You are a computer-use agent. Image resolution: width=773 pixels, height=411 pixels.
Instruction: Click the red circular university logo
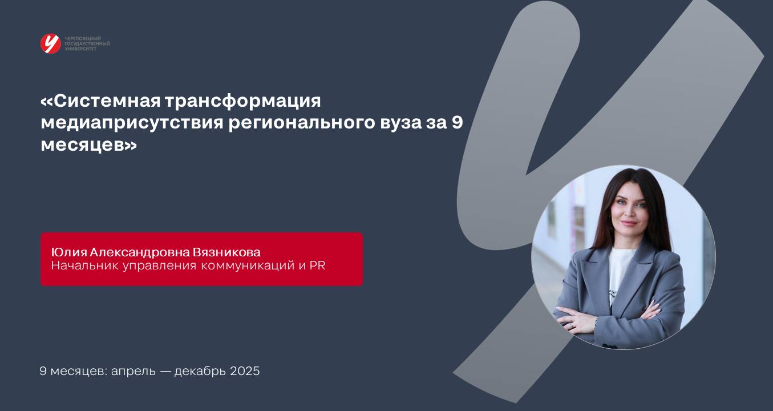coord(50,43)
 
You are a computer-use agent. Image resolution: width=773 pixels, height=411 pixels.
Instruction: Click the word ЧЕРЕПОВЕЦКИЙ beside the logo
coord(83,38)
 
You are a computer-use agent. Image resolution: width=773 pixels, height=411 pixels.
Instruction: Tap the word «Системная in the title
coord(100,101)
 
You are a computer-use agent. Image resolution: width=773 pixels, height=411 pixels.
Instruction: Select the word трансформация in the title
coord(243,102)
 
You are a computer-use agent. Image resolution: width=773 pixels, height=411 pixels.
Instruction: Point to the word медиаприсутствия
coord(132,123)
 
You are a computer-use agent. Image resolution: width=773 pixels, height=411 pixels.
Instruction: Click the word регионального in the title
coord(302,123)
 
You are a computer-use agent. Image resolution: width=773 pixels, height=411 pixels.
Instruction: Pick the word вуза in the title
coord(400,123)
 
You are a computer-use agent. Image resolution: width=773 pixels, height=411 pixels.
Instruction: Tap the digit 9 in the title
coord(457,122)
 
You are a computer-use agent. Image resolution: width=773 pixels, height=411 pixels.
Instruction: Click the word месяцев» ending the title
coord(88,145)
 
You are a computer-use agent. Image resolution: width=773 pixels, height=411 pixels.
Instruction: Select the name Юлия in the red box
coord(69,252)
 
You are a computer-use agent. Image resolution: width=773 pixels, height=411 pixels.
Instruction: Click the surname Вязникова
coord(226,252)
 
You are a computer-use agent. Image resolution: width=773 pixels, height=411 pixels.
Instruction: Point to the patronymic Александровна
coord(140,252)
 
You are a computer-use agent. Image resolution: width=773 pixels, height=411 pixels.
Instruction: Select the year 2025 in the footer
coord(245,371)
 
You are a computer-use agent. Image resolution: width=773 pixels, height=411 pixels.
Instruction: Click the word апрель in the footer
coord(133,372)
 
